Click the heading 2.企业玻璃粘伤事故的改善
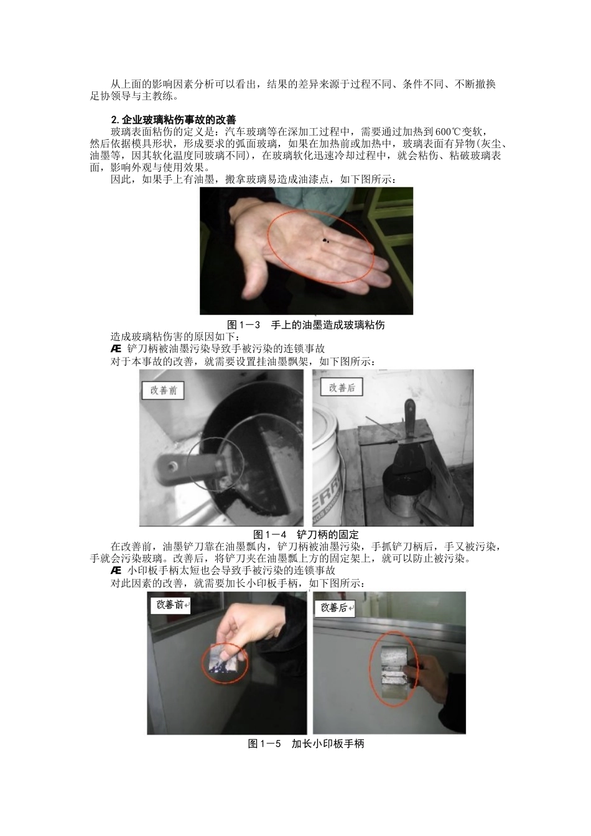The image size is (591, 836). pos(174,120)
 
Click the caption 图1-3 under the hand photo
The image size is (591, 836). pos(243,325)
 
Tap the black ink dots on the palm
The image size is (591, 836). pos(325,240)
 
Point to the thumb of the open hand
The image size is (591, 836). pos(254,280)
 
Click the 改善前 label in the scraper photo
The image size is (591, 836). pos(164,391)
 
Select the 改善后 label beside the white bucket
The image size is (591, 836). pos(342,388)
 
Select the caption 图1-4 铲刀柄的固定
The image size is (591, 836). pos(306,534)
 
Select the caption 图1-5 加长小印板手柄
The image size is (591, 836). pos(306,743)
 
